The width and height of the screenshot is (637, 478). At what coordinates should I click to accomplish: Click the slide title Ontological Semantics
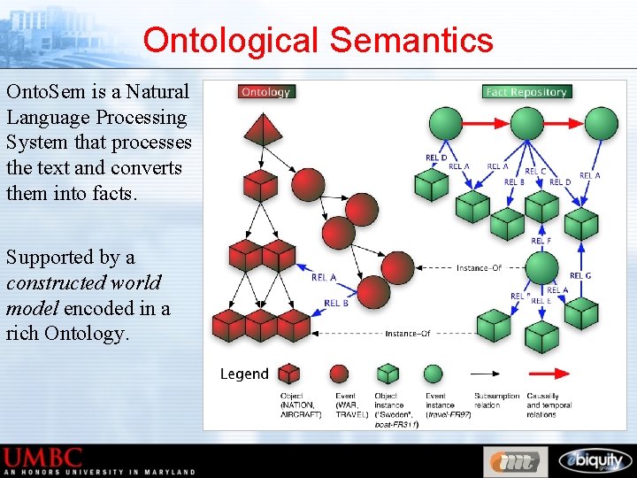[318, 40]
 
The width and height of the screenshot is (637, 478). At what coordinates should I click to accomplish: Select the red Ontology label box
[265, 91]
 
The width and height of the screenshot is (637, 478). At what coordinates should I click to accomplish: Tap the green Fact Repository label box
[526, 91]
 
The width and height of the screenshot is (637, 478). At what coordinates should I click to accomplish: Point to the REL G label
[580, 276]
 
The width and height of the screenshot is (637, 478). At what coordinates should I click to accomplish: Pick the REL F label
[541, 241]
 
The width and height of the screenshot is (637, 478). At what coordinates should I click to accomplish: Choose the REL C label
[535, 172]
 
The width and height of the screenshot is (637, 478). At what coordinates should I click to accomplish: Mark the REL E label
[541, 301]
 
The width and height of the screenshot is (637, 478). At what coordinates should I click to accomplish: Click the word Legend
[244, 374]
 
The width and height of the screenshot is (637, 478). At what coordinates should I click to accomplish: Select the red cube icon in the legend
[289, 374]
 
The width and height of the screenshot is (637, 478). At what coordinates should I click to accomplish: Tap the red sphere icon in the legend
[339, 374]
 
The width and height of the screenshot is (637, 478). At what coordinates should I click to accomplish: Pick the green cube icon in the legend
[386, 374]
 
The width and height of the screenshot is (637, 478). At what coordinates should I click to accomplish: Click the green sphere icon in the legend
[433, 374]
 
